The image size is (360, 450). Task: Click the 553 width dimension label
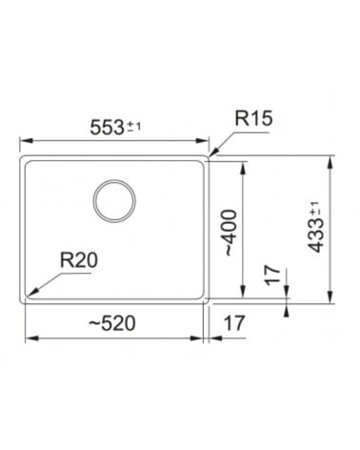coord(107,128)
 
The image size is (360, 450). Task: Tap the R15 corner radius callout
coord(253,118)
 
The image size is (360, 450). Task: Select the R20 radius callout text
coord(79,260)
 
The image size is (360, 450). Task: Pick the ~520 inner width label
coord(111,323)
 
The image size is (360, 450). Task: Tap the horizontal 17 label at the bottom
coord(234,323)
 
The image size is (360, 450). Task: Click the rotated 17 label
coord(272,276)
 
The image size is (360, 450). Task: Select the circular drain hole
coord(114,201)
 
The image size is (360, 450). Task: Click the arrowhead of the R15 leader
coord(213,153)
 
